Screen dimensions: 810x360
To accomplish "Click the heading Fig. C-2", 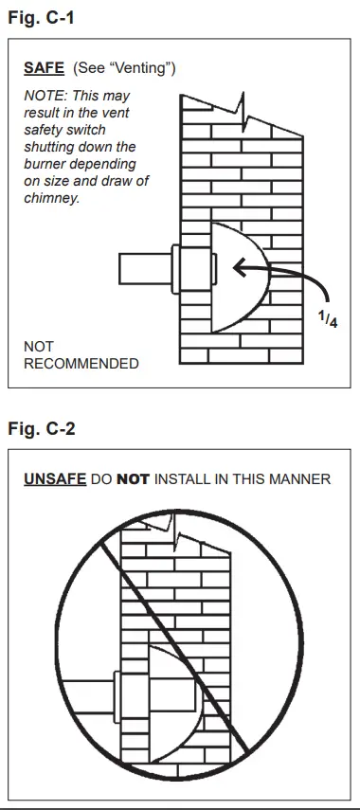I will [x=41, y=428].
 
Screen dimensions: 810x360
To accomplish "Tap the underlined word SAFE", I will [x=44, y=69].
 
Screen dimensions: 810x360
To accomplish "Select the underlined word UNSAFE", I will [x=54, y=479].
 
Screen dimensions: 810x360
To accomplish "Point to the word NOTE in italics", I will [x=43, y=96].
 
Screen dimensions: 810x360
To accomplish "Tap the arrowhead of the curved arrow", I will [x=239, y=269].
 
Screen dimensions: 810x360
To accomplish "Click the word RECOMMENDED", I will [x=81, y=363].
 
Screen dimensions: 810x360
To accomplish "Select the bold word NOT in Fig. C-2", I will [x=134, y=479].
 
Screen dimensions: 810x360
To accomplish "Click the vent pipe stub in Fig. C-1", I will [x=142, y=269].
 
